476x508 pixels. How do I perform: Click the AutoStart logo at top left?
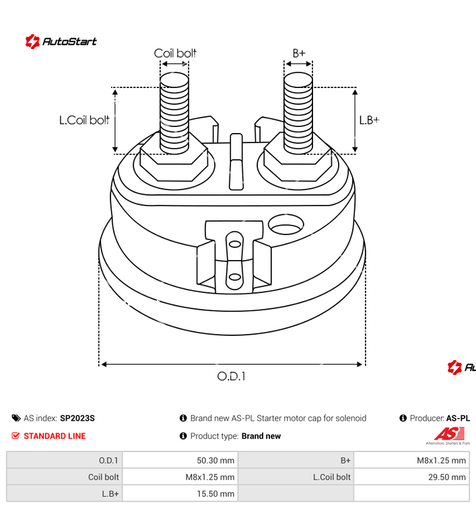click(x=61, y=42)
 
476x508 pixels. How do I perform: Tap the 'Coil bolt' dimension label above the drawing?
click(x=175, y=53)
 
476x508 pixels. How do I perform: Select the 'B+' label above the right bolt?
click(x=298, y=53)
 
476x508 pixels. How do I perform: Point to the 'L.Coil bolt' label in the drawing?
click(x=84, y=120)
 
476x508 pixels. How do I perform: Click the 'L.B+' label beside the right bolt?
click(x=369, y=120)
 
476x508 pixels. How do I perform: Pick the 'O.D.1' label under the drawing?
click(x=231, y=376)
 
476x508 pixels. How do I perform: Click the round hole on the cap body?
click(x=286, y=223)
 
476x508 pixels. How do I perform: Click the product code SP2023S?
click(x=77, y=418)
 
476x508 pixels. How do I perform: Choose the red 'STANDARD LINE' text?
click(x=55, y=436)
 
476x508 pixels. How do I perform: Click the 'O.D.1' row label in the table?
click(x=108, y=460)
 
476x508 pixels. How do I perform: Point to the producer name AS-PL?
click(x=458, y=418)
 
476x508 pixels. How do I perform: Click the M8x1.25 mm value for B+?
click(x=441, y=460)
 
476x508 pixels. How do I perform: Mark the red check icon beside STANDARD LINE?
click(x=15, y=436)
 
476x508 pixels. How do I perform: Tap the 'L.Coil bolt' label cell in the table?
click(x=331, y=477)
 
